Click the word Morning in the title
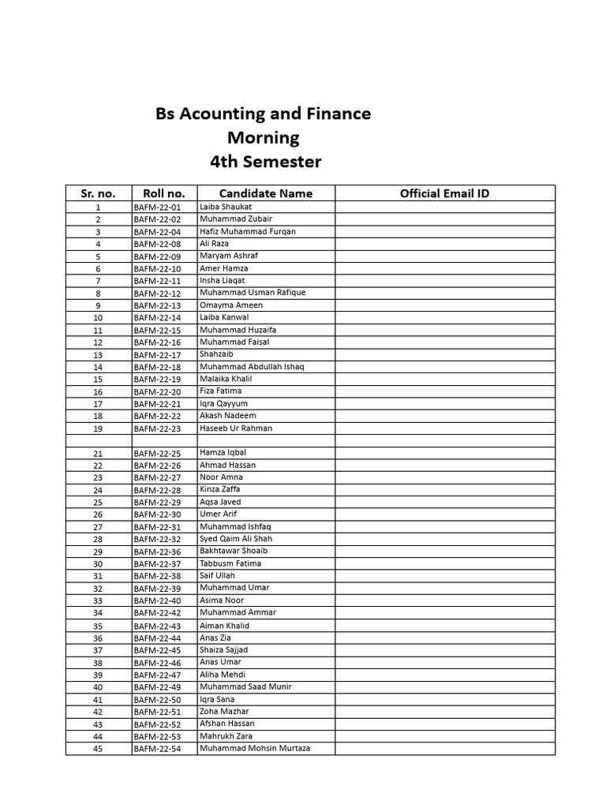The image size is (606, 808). [264, 138]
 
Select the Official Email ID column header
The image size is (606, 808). [444, 193]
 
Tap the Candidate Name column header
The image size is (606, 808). [265, 193]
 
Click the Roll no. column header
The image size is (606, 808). [164, 193]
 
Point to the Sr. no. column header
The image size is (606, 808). [98, 193]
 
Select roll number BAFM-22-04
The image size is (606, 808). [157, 232]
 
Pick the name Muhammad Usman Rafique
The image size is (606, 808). [252, 293]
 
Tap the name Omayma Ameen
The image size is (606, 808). [231, 305]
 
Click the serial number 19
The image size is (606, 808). [98, 428]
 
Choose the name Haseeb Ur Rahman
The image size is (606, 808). [236, 428]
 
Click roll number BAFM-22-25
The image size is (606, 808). [157, 454]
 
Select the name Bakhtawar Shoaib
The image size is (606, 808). [234, 552]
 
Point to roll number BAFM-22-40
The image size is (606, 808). [157, 601]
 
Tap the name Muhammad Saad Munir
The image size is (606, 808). [245, 687]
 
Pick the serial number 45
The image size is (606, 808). [98, 749]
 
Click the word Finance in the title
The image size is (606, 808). [335, 114]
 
